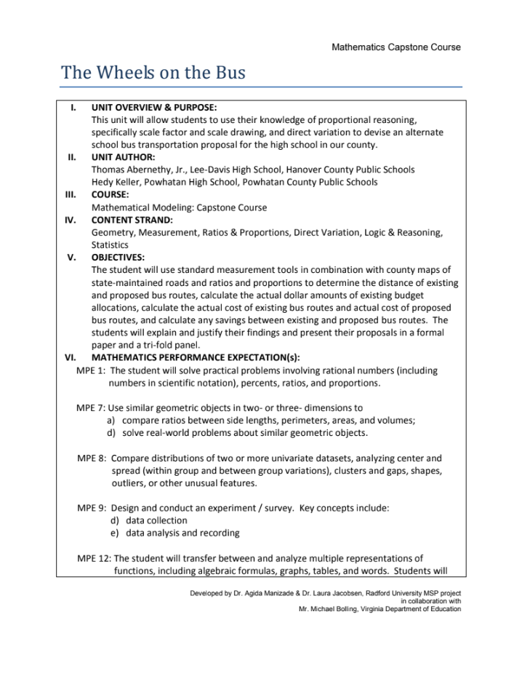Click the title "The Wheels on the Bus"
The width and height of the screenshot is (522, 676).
[x=153, y=73]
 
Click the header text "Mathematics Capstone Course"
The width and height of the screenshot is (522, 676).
[x=395, y=47]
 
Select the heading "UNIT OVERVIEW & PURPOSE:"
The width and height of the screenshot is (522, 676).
[x=154, y=107]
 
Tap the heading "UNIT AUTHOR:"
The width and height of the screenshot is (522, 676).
[x=123, y=156]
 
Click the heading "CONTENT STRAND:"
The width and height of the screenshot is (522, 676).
[x=132, y=219]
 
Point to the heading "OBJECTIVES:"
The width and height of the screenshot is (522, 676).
[x=118, y=257]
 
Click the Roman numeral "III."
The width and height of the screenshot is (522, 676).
[x=71, y=194]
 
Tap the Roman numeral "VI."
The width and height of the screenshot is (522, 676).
[x=71, y=357]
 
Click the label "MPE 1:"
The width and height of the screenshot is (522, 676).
[x=92, y=370]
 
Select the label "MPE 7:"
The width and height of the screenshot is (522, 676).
[x=92, y=407]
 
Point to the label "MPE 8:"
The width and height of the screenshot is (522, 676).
[x=92, y=458]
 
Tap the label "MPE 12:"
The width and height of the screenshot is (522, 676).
[x=95, y=559]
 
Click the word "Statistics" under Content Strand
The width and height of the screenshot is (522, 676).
[x=110, y=245]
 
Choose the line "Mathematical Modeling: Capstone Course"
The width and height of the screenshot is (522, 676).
[x=179, y=207]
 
